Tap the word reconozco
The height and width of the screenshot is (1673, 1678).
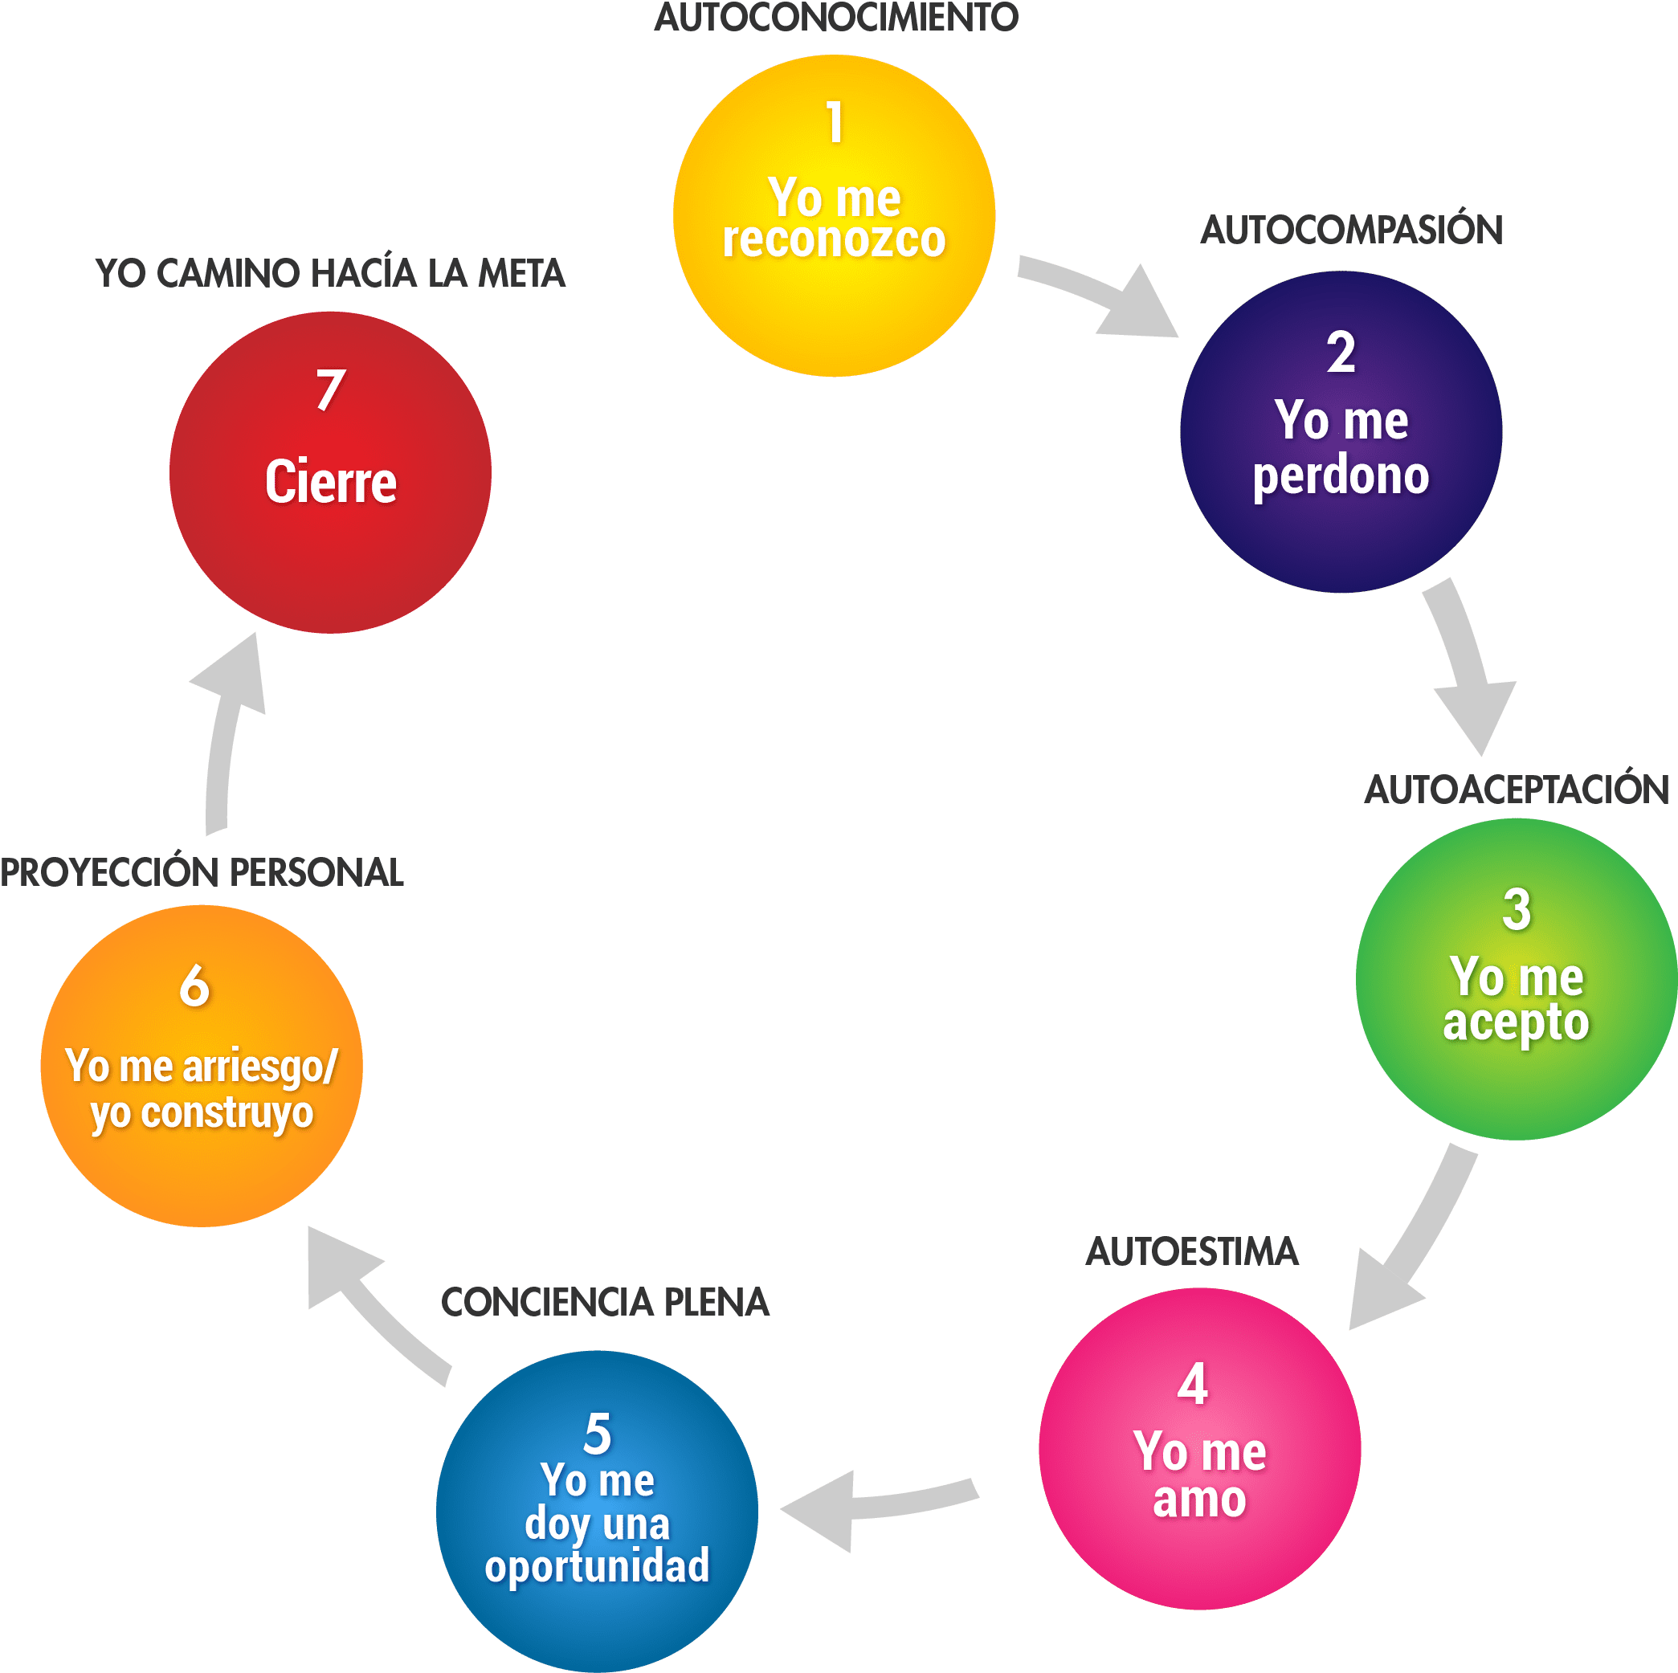pos(834,239)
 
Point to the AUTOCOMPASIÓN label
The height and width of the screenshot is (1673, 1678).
pos(1351,231)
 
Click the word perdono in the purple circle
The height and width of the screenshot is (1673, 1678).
pos(1341,475)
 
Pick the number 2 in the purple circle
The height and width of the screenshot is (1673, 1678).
pos(1341,353)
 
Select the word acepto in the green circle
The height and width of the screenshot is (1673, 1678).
pos(1517,1023)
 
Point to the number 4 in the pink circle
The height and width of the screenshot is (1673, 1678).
pos(1193,1384)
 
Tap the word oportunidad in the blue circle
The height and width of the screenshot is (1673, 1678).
pos(597,1565)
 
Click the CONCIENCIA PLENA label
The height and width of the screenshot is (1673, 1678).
pos(606,1301)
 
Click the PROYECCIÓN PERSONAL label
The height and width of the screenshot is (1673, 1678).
pos(202,872)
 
